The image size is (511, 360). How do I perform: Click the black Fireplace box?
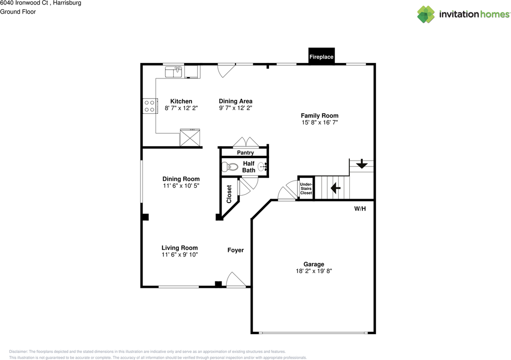[321, 56]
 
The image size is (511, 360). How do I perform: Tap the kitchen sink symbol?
[174, 72]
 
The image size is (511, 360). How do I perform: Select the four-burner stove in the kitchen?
[149, 106]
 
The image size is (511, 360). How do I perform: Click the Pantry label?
[245, 153]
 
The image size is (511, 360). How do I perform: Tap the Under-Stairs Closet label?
[306, 188]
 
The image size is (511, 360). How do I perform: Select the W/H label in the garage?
[360, 208]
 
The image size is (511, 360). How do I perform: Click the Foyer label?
[236, 250]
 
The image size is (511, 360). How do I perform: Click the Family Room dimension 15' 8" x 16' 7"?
[319, 123]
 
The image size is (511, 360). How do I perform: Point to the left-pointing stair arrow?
[335, 187]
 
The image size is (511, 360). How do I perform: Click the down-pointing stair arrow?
[362, 164]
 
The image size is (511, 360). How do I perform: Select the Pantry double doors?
[246, 142]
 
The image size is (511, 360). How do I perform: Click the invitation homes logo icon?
[426, 14]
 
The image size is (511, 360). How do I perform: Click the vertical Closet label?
[229, 194]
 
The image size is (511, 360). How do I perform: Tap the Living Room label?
[179, 248]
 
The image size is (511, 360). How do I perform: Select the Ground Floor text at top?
[18, 12]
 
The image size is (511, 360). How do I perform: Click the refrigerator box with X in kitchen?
[190, 138]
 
